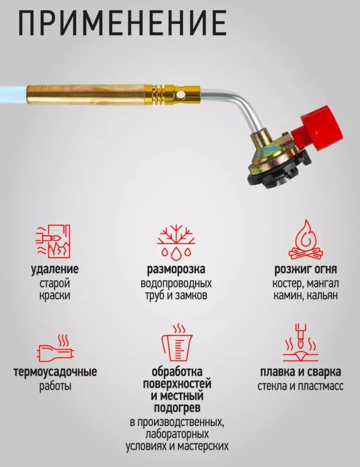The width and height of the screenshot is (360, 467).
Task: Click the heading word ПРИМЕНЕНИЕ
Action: [x=122, y=22]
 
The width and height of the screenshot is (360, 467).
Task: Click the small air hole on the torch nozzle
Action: [x=182, y=94]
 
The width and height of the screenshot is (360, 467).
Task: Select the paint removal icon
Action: [x=53, y=242]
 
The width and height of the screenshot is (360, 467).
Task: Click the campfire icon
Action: [x=306, y=240]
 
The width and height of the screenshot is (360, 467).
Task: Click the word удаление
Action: [x=55, y=270]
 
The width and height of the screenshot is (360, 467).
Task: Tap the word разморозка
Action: [x=176, y=270]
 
